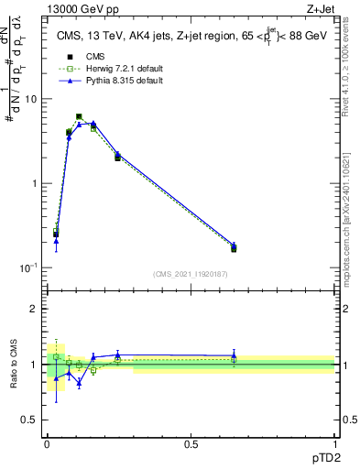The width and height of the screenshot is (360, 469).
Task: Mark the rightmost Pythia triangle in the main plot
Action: tap(234, 245)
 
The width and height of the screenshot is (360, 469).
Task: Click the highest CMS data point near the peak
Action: tap(79, 116)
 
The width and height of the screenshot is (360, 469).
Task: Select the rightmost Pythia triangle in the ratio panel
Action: tap(234, 355)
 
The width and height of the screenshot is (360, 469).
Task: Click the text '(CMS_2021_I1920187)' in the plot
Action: tap(191, 273)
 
